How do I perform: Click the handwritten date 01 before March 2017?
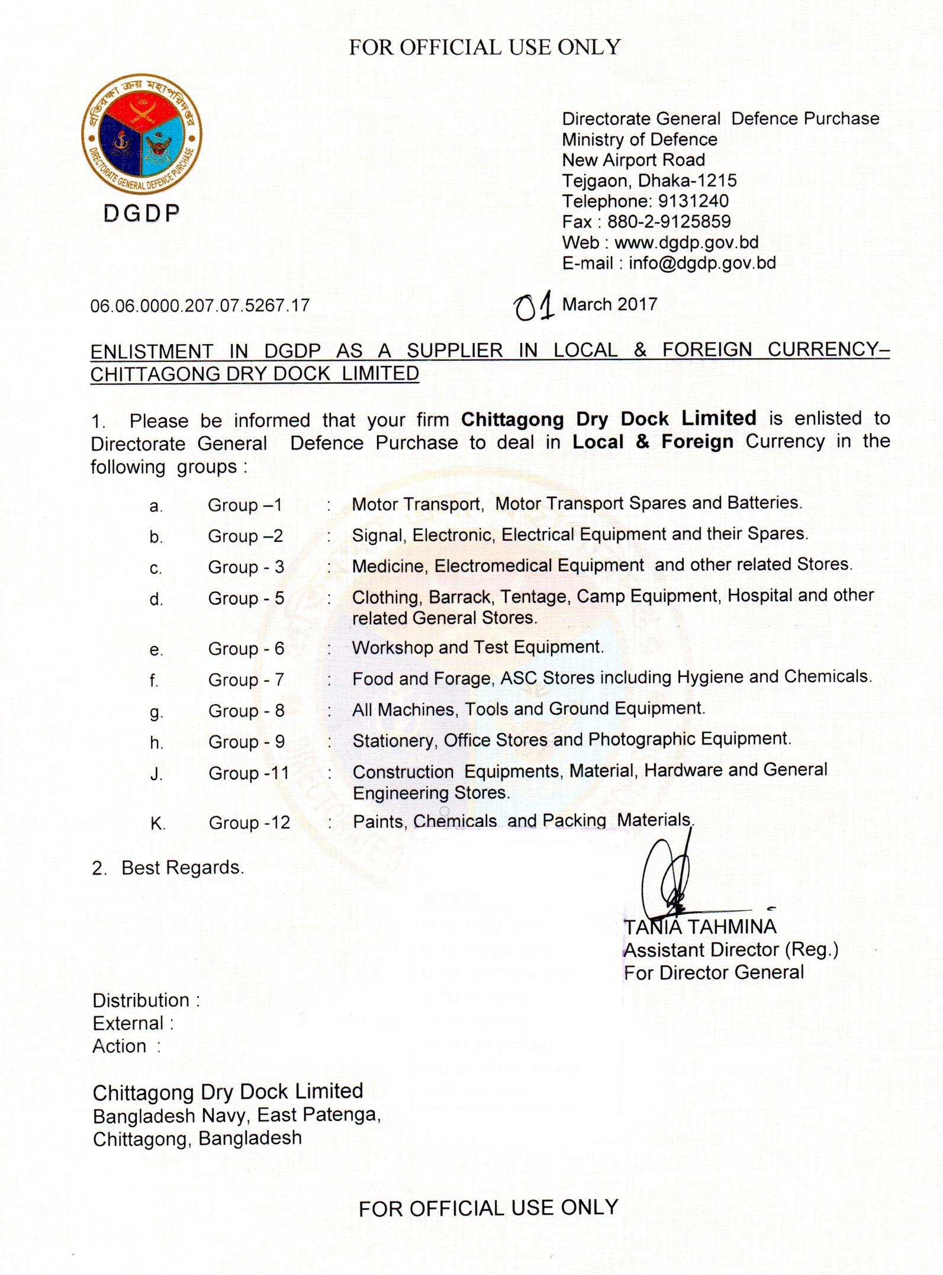tap(534, 306)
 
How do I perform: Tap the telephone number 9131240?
tap(693, 201)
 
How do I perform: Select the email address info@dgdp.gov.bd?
tap(702, 264)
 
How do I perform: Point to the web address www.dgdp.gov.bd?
tap(686, 243)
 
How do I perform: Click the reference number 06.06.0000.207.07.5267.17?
tap(199, 306)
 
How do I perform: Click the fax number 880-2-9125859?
tap(669, 222)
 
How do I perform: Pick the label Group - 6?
tap(246, 649)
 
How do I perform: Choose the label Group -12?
tap(249, 823)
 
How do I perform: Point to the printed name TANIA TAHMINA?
tap(700, 927)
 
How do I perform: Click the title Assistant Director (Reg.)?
tap(731, 950)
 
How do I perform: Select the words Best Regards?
tap(182, 868)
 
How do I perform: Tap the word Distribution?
tap(141, 1001)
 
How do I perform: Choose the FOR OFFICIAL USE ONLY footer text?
tap(488, 1208)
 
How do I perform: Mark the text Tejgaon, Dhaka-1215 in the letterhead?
tap(649, 181)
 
